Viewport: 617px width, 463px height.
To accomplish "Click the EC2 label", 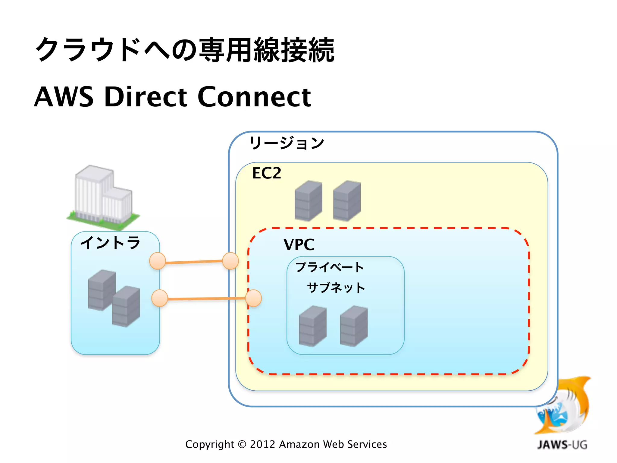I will click(x=267, y=173).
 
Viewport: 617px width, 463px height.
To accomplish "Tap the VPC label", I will click(x=299, y=244).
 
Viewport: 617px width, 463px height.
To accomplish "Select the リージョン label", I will click(x=287, y=143).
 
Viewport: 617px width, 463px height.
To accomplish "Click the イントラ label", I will click(x=110, y=243).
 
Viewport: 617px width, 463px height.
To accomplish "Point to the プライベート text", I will click(x=330, y=267).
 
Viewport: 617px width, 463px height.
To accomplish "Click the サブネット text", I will click(x=336, y=288).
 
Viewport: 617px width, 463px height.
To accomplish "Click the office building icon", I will click(x=102, y=197).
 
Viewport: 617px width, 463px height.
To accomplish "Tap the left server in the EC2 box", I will click(x=308, y=200).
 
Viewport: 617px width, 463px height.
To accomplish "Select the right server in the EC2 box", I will click(x=347, y=200).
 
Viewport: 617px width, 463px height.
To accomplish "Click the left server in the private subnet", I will click(x=312, y=326).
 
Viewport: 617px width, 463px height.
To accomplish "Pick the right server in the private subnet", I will click(x=354, y=326).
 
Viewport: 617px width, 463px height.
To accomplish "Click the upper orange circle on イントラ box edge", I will click(x=158, y=261).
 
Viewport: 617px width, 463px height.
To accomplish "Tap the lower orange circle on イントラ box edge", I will click(x=159, y=298).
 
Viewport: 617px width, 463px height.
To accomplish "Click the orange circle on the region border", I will click(x=230, y=261).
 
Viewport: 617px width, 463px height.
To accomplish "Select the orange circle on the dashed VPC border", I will click(x=253, y=298).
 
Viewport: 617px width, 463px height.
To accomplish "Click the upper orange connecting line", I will click(x=194, y=262).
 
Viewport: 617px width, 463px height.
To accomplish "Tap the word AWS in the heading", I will click(x=64, y=97).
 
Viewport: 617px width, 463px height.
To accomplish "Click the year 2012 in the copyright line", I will click(x=262, y=444).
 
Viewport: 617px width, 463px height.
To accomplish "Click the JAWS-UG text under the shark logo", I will click(x=562, y=445).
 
